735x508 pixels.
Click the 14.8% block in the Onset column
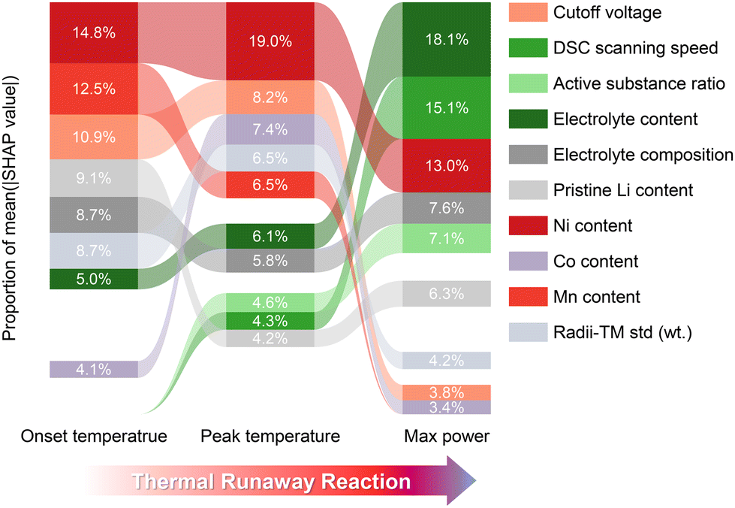coord(93,32)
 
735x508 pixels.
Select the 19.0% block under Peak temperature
coord(270,41)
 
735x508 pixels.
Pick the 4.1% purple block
coord(93,369)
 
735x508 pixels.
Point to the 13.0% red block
coord(446,165)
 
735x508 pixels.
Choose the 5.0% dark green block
coord(93,279)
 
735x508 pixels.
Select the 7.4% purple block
coord(270,129)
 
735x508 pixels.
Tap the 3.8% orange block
coord(446,392)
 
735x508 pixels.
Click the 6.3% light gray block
coord(446,293)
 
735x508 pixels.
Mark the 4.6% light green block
coord(270,302)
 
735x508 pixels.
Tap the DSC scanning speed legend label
coord(635,48)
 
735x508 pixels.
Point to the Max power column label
coord(447,437)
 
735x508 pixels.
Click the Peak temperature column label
coord(270,437)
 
